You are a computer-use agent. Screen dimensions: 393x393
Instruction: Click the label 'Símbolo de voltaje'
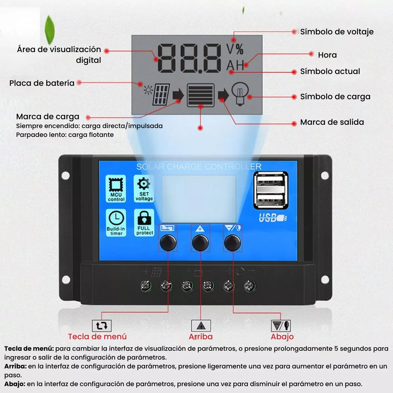pos(337,32)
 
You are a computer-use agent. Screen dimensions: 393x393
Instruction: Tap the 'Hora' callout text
pos(327,55)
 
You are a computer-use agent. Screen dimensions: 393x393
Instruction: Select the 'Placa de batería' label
pos(42,83)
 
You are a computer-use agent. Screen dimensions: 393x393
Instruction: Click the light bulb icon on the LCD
pos(240,94)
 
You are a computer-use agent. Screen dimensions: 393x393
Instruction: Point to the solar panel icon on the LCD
pos(161,94)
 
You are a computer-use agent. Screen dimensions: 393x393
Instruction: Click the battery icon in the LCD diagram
pos(201,95)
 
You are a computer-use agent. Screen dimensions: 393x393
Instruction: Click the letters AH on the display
pos(235,65)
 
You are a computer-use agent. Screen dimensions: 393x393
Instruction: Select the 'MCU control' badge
pos(116,189)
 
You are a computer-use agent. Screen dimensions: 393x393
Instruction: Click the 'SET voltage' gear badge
pos(144,189)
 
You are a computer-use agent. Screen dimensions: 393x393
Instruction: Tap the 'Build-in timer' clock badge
pos(116,223)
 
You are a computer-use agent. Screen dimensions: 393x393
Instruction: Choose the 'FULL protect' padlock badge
pos(144,223)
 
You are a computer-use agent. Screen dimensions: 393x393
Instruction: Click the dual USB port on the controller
pos(271,190)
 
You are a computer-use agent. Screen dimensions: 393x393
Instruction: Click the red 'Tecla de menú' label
pos(97,337)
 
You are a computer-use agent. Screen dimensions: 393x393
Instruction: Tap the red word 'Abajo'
pos(282,337)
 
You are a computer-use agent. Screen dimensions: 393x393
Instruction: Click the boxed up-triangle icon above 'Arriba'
pos(201,326)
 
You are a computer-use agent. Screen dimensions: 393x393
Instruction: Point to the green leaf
pos(49,29)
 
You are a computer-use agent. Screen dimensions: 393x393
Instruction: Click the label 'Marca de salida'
pos(332,122)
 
